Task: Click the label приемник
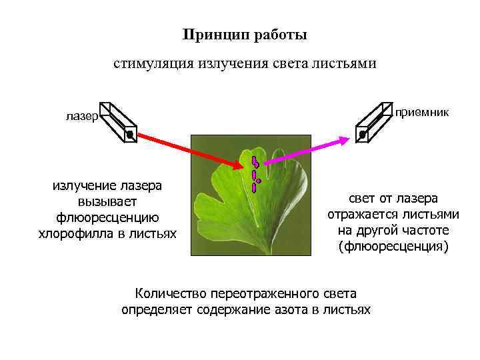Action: pyautogui.click(x=422, y=112)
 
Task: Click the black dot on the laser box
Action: pyautogui.click(x=130, y=135)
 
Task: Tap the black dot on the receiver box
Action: pyautogui.click(x=363, y=135)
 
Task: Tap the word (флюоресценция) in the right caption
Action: pyautogui.click(x=393, y=246)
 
